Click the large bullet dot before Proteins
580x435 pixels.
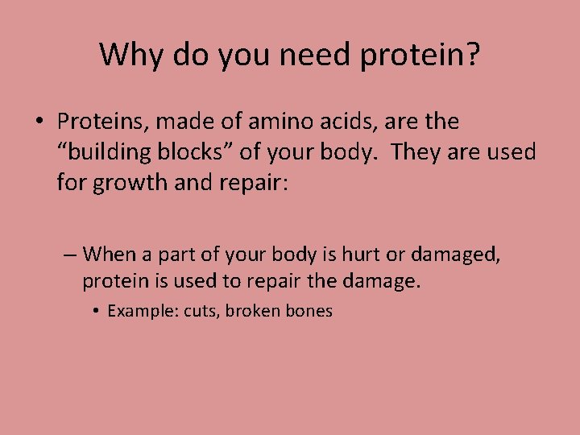(x=39, y=123)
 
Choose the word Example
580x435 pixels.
(x=139, y=312)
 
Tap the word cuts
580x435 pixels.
(x=199, y=312)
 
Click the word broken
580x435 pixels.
(x=252, y=312)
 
